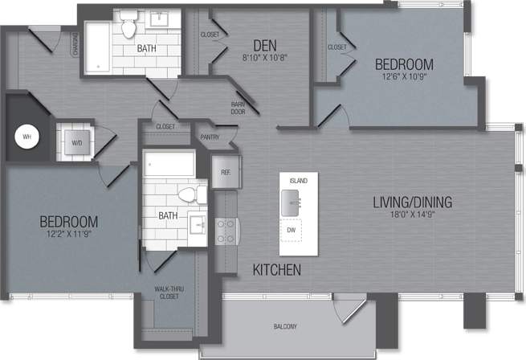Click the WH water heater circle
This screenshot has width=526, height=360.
point(27,137)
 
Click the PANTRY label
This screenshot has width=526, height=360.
point(210,137)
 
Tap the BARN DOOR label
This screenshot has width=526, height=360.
point(239,108)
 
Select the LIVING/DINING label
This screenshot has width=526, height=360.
point(413,202)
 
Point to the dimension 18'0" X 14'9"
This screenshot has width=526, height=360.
point(413,215)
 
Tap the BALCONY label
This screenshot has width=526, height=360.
point(284,326)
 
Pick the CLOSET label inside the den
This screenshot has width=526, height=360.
point(210,35)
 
